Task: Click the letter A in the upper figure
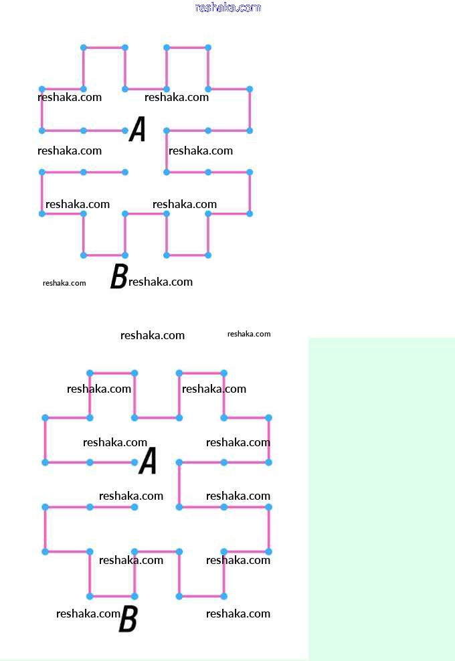click(137, 129)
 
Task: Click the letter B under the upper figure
click(118, 276)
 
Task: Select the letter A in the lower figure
click(147, 461)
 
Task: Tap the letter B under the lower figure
click(128, 620)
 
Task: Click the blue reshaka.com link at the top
click(227, 7)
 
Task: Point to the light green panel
click(381, 498)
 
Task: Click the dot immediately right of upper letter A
click(167, 130)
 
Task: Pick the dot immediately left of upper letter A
click(125, 130)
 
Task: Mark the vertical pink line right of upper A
click(167, 151)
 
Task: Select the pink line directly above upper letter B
click(104, 255)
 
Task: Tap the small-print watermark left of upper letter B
click(64, 283)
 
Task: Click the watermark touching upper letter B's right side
click(161, 282)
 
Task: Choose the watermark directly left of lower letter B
click(88, 613)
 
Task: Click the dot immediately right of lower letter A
click(179, 462)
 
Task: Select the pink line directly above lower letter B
click(112, 596)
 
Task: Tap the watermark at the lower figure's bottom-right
click(238, 613)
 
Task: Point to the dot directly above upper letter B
click(125, 255)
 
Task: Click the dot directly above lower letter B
click(134, 596)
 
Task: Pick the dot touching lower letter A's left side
click(134, 462)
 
